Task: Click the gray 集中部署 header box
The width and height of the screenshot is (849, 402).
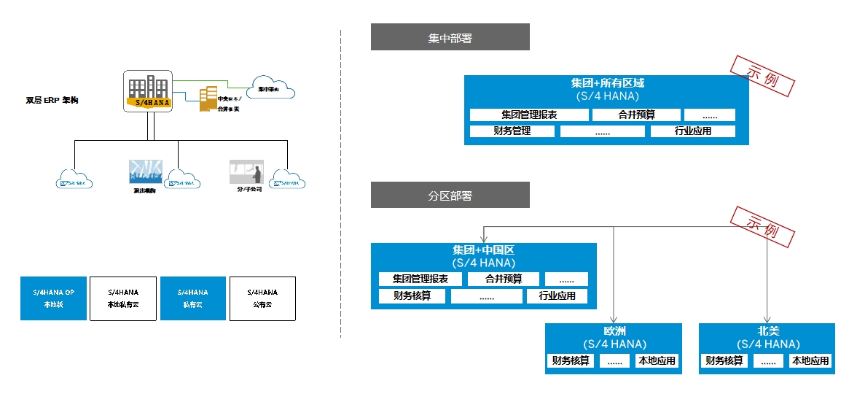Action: [x=450, y=37]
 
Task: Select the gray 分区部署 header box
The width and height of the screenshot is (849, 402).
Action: [x=450, y=196]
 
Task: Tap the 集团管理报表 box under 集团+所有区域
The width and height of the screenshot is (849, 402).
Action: [x=530, y=115]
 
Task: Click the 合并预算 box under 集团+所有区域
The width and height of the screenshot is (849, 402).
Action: [x=636, y=115]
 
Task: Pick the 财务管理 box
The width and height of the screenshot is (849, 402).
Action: [x=512, y=131]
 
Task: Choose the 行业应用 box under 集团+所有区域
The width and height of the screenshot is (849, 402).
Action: [x=692, y=131]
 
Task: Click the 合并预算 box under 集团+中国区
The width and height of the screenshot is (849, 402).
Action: [x=504, y=279]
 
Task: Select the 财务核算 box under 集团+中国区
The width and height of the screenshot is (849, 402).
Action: [x=412, y=296]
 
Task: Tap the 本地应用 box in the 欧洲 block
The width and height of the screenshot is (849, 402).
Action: [x=657, y=360]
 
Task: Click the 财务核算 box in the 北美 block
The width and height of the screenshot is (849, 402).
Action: [x=724, y=360]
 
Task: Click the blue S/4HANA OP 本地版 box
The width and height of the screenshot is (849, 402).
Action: [x=53, y=298]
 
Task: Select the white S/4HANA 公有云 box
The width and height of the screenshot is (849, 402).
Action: [x=262, y=298]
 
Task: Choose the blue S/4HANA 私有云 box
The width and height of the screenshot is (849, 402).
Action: [x=192, y=298]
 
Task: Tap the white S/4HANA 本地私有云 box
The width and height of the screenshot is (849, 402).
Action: [x=122, y=298]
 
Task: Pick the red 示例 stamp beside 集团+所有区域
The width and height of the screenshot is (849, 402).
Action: [x=761, y=76]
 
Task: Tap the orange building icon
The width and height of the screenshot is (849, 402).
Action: [x=208, y=99]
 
